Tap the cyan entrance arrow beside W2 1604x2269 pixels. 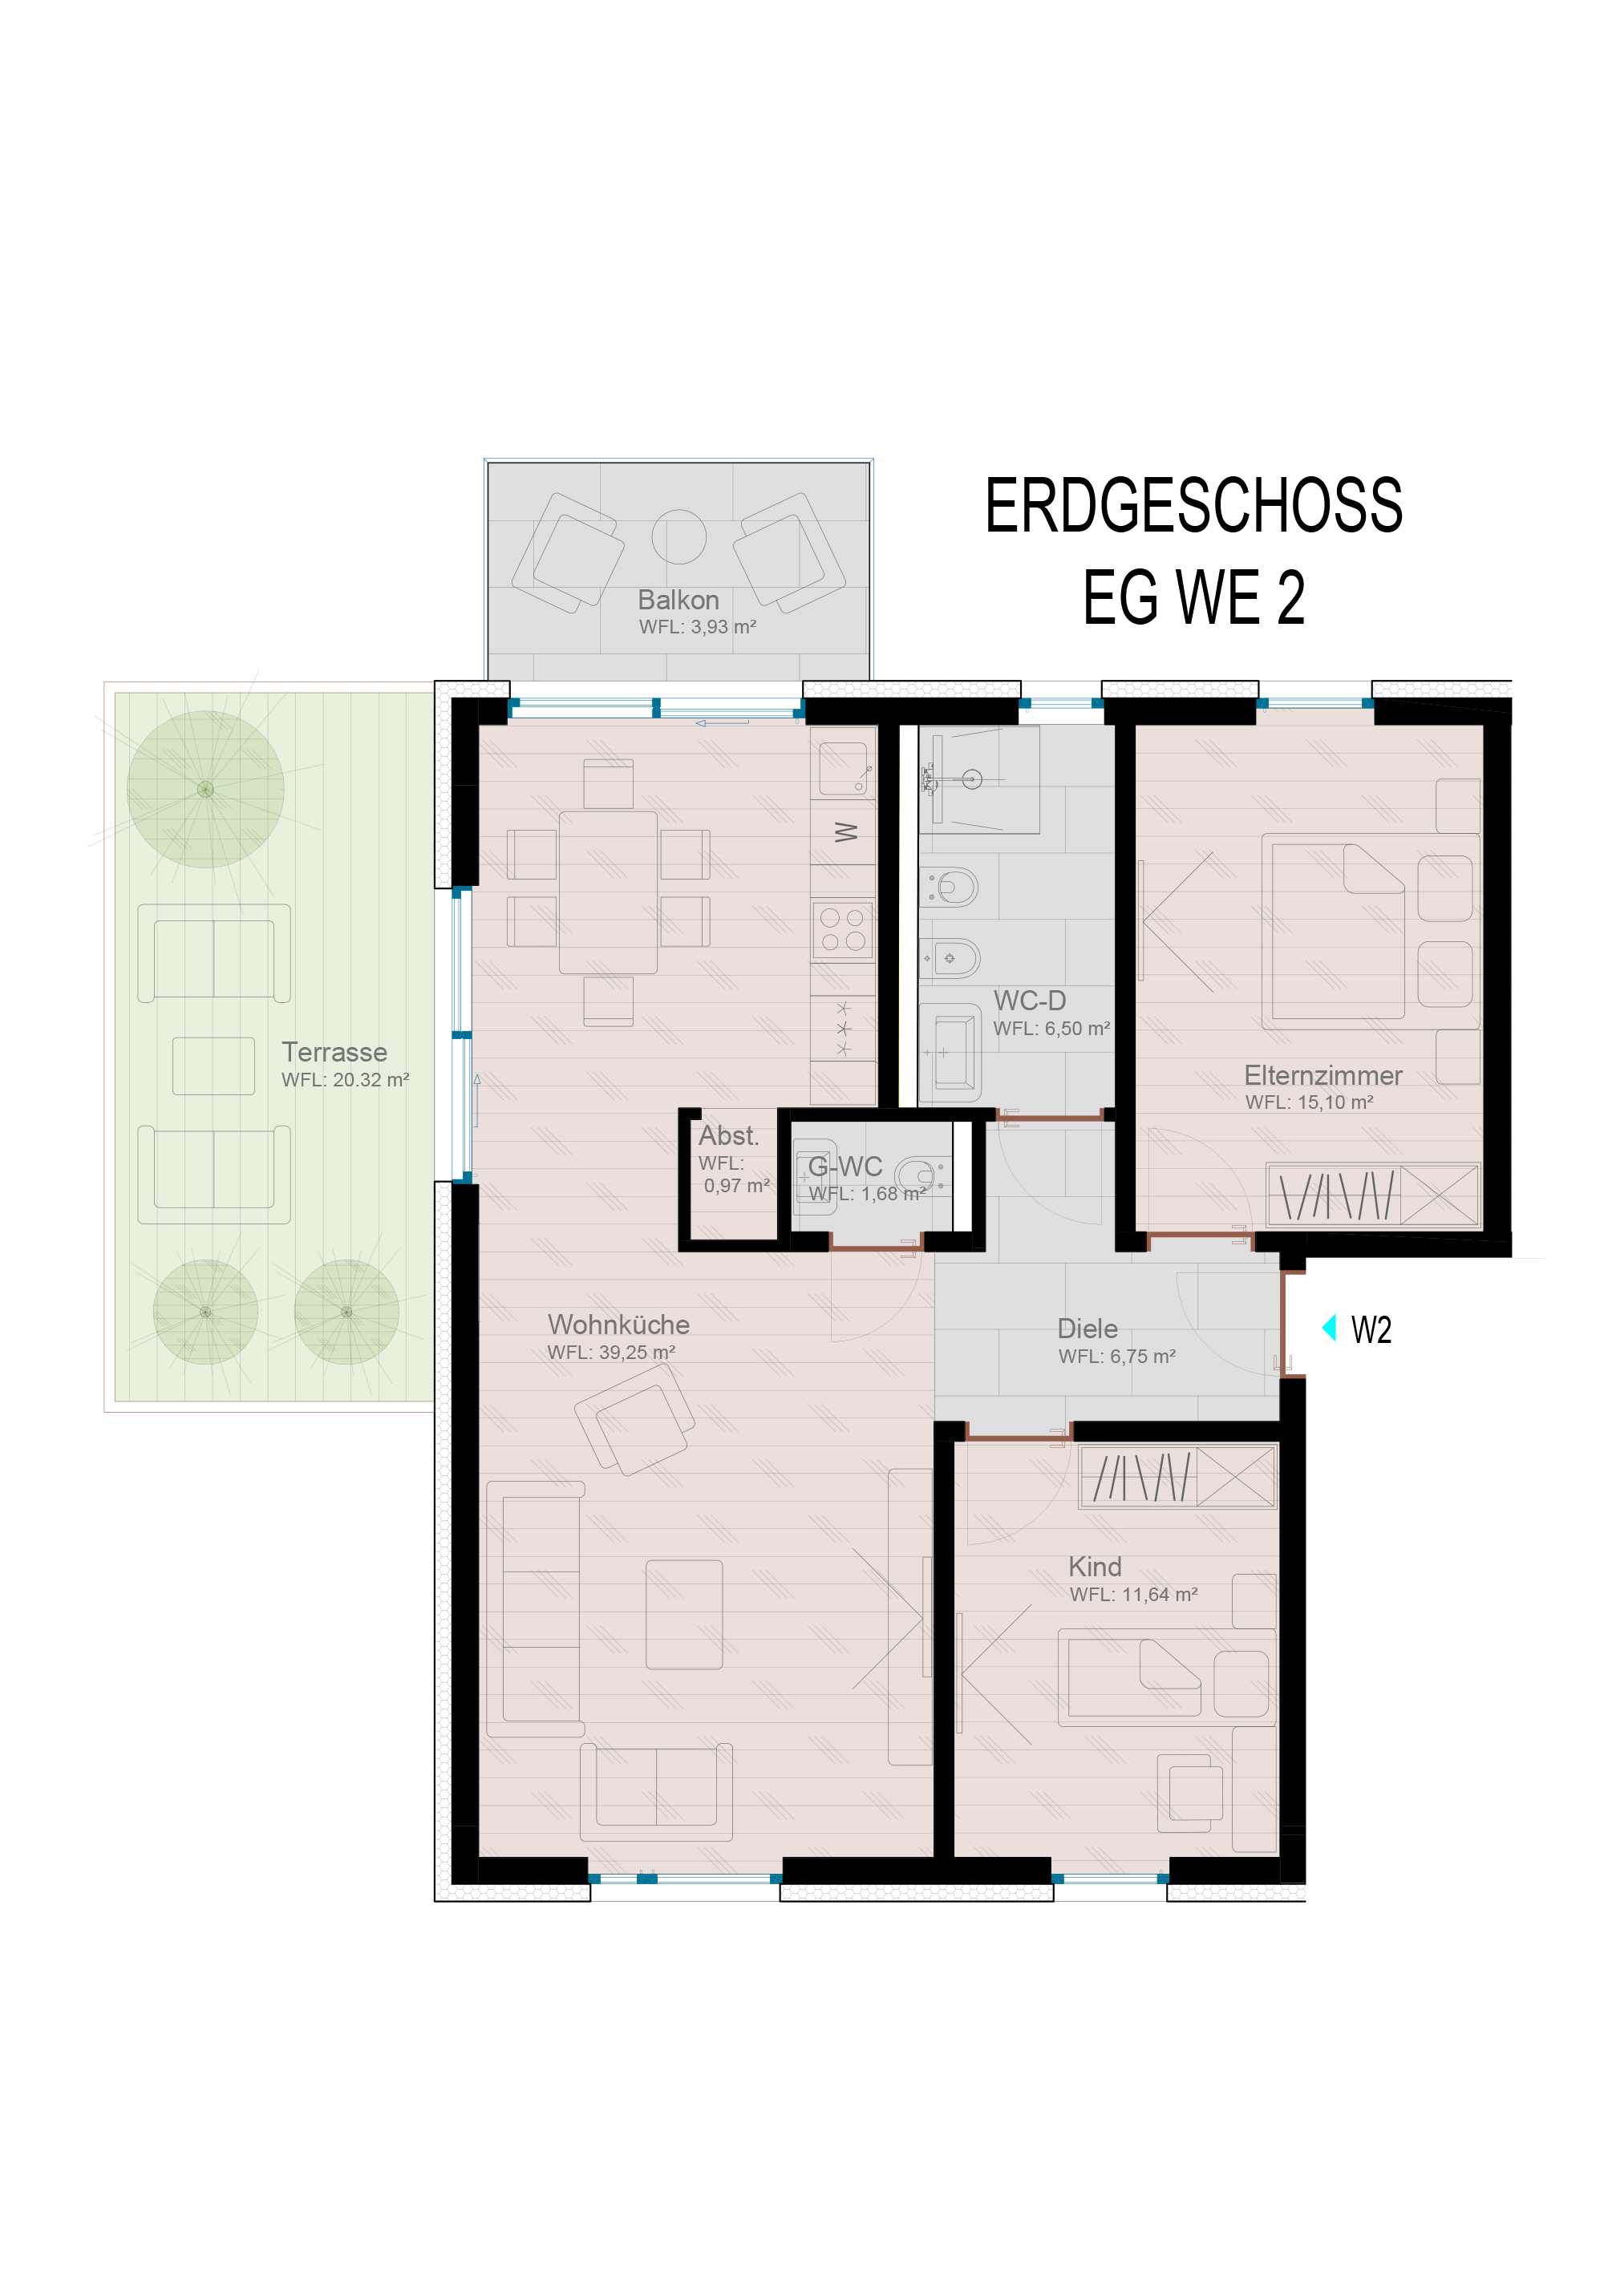click(1329, 1327)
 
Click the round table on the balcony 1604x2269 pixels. click(679, 536)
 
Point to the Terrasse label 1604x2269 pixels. click(334, 1051)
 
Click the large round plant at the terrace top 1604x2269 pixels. click(205, 789)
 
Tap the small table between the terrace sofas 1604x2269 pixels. click(213, 1066)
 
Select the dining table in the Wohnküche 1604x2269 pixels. click(608, 892)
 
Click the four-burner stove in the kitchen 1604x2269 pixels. click(843, 930)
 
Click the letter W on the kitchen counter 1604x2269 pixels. click(845, 832)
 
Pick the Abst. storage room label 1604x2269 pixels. click(728, 1135)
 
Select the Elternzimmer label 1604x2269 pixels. click(1322, 1075)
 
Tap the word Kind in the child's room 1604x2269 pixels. click(1095, 1567)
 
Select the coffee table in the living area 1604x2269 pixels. click(684, 1615)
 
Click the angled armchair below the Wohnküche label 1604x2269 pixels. click(634, 1420)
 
